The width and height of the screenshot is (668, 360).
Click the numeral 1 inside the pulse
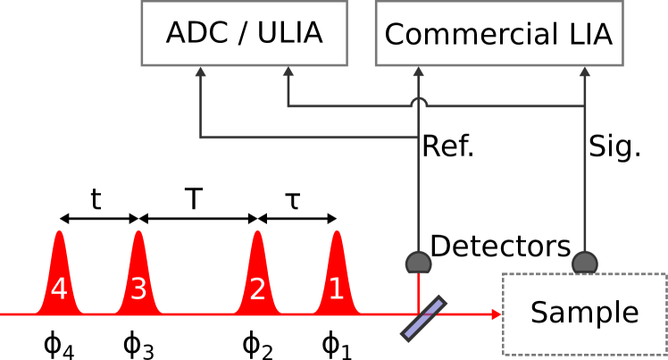pyautogui.click(x=336, y=289)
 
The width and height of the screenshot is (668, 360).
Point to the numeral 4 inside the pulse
pyautogui.click(x=59, y=289)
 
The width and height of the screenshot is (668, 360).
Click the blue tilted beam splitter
pyautogui.click(x=423, y=318)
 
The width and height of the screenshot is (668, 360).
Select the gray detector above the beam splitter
pyautogui.click(x=418, y=263)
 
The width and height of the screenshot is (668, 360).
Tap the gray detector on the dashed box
pyautogui.click(x=585, y=263)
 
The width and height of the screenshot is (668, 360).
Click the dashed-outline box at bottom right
pyautogui.click(x=584, y=314)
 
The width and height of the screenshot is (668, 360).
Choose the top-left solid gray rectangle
pyautogui.click(x=244, y=33)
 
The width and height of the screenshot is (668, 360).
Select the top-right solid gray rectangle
pyautogui.click(x=498, y=33)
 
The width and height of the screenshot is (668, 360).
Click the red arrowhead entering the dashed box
pyautogui.click(x=497, y=314)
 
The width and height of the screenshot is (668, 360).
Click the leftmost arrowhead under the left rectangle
pyautogui.click(x=200, y=71)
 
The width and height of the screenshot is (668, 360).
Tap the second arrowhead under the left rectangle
pyautogui.click(x=288, y=71)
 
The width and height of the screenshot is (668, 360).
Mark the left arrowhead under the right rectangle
pyautogui.click(x=418, y=71)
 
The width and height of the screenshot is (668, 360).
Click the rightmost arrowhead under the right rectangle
pyautogui.click(x=585, y=71)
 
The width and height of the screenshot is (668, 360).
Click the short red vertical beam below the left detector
pyautogui.click(x=418, y=293)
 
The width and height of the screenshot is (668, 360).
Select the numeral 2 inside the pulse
pyautogui.click(x=257, y=289)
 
